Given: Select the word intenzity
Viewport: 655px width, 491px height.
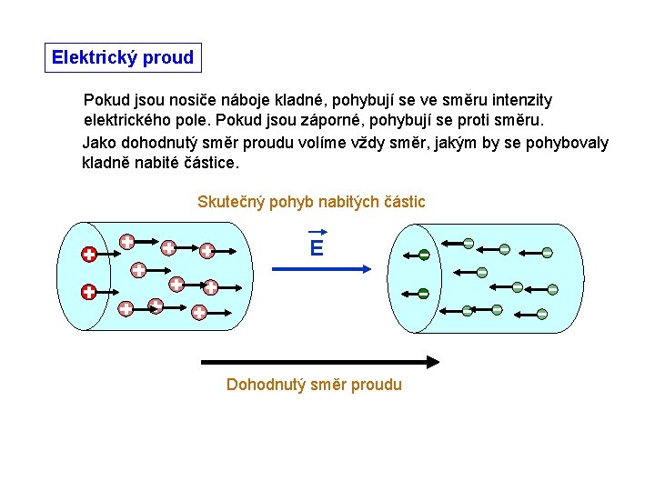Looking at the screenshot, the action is [x=519, y=100].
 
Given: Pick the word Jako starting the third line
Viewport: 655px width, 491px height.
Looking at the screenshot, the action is [x=100, y=143].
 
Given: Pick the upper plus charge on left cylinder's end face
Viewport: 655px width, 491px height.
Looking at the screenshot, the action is [x=88, y=255].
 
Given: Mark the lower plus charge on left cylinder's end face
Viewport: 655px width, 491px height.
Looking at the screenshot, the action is [x=88, y=292].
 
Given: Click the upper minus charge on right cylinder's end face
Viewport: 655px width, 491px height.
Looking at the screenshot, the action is [x=423, y=256].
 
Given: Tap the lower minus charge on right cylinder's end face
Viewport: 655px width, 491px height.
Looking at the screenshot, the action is [x=423, y=293].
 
